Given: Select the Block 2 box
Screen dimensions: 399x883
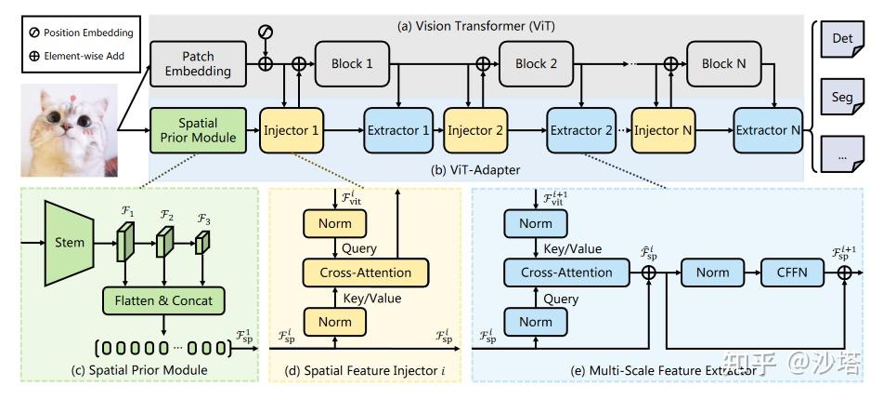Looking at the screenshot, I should point(537,63).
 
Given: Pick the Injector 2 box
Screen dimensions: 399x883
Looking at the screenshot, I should point(475,130).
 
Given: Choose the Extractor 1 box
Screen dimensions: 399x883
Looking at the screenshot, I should point(397,130).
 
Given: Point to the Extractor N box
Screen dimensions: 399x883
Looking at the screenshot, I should point(768,130).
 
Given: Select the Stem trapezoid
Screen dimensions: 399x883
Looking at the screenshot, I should point(70,243).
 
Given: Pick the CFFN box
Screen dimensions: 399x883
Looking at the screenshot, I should point(794,273).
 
